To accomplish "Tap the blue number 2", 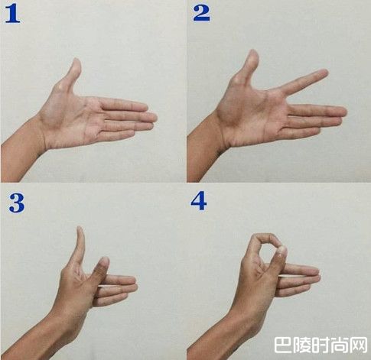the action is tap(201, 13).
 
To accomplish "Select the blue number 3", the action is tap(17, 203).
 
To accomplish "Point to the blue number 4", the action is tap(199, 201).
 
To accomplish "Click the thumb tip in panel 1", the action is tap(76, 61).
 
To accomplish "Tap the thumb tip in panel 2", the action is tap(253, 53).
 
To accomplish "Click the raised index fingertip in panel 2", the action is tap(324, 73).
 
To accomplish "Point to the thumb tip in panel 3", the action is tap(80, 229).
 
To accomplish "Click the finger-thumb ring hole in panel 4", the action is tap(268, 248).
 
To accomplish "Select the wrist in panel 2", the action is tap(222, 132).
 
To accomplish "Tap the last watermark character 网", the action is tap(360, 345).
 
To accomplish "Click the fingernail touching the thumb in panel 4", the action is tap(282, 249).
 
